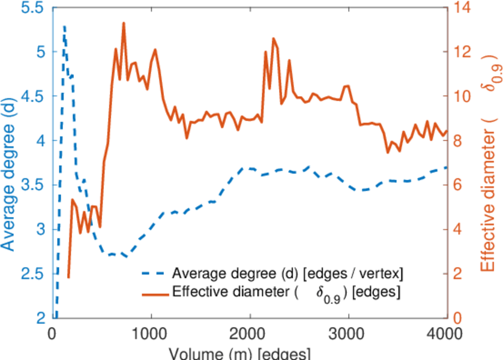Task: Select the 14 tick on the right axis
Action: pos(462,8)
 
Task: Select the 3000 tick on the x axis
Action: pos(348,332)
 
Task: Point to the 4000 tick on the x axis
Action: pos(447,332)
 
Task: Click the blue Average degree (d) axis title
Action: pos(8,162)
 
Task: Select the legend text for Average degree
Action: pos(287,274)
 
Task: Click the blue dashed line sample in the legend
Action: pos(154,274)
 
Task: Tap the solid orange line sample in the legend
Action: pos(154,293)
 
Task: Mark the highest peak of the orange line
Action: pos(124,23)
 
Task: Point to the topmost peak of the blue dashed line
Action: pos(64,26)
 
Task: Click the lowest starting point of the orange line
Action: pos(68,277)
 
